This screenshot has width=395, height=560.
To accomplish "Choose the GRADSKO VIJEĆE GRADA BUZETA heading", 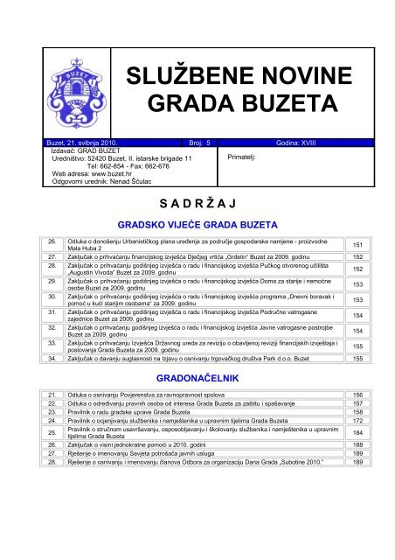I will pyautogui.click(x=197, y=225).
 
